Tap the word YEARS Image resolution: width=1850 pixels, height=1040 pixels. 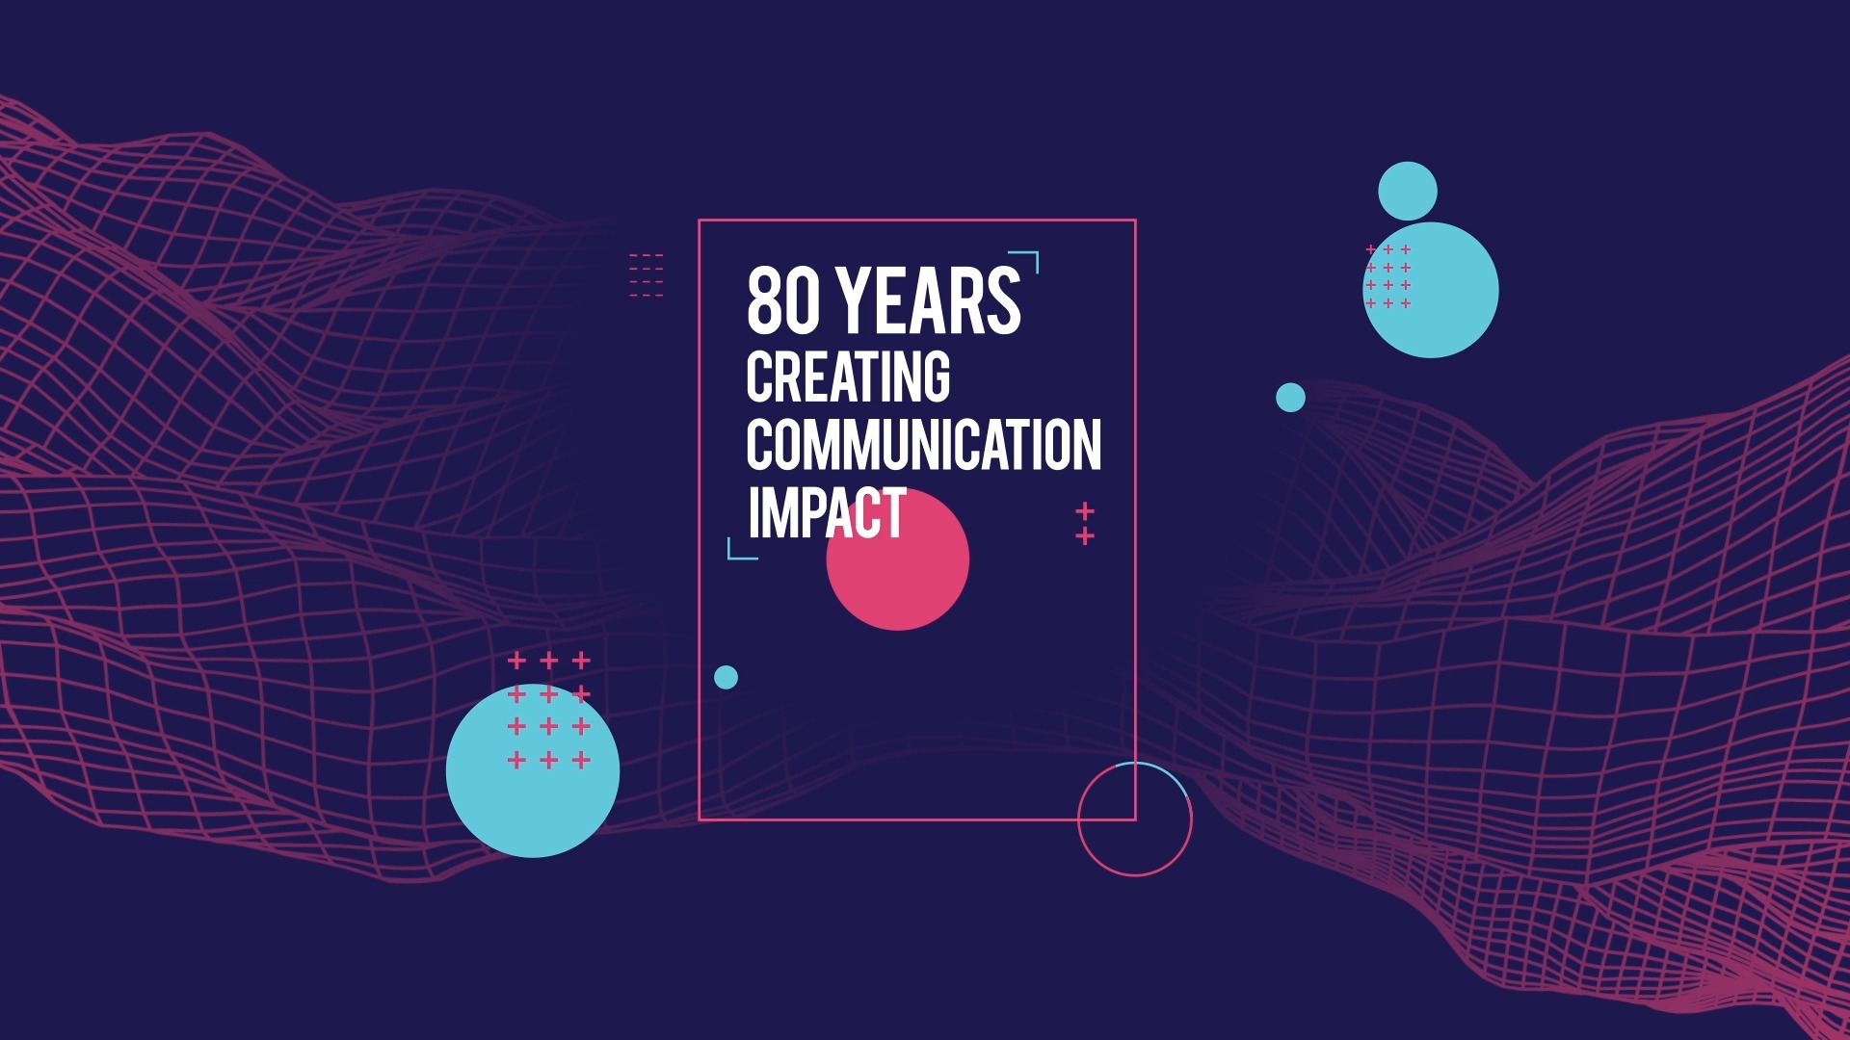[x=929, y=300]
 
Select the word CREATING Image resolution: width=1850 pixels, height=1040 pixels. [x=848, y=377]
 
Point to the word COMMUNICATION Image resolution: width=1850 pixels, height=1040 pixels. [x=924, y=445]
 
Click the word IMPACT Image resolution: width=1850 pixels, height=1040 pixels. [x=827, y=512]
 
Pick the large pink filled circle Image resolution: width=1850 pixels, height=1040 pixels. [x=898, y=559]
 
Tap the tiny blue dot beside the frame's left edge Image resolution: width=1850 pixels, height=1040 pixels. [x=726, y=678]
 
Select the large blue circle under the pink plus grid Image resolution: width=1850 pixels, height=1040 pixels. [x=533, y=770]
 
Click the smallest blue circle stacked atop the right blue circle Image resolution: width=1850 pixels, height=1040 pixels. [x=1408, y=191]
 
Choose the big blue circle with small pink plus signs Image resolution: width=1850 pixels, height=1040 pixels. [x=1431, y=290]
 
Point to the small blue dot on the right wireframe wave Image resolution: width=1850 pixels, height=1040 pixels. [x=1290, y=398]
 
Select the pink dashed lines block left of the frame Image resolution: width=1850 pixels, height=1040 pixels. [x=646, y=275]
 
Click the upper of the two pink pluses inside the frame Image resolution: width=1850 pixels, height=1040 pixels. [x=1085, y=510]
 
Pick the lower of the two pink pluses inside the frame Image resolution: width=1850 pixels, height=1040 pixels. [x=1085, y=535]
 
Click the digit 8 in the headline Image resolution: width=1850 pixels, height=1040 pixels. [x=764, y=300]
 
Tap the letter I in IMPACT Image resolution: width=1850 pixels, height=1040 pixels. [x=753, y=512]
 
